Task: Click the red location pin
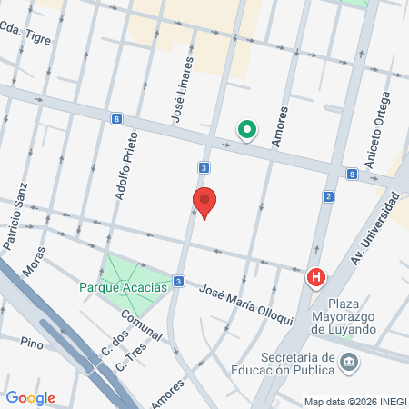click(204, 202)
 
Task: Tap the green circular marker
click(246, 130)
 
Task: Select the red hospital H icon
click(316, 277)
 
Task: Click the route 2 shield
click(328, 196)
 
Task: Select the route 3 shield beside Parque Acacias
click(179, 281)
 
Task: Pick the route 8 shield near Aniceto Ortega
click(351, 174)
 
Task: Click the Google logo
click(31, 397)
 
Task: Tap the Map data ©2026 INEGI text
click(354, 401)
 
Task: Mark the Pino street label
click(31, 343)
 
